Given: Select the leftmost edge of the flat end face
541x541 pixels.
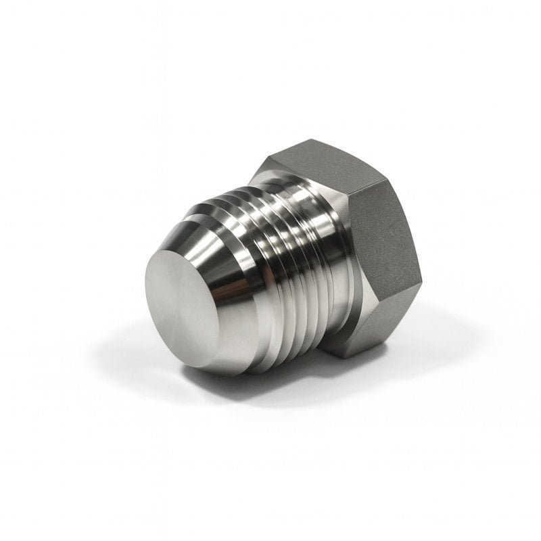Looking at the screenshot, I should pos(145,298).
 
